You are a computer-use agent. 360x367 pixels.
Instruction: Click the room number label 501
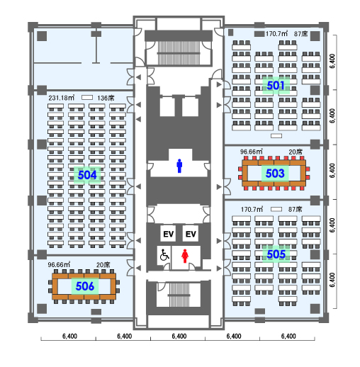276,85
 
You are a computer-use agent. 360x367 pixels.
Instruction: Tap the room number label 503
275,173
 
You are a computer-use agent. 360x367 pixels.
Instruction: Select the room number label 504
87,175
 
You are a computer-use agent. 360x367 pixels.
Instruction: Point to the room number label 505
276,254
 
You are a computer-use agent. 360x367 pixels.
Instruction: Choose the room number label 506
85,286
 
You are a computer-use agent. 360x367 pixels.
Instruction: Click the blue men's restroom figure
179,166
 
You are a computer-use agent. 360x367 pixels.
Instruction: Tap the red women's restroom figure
185,256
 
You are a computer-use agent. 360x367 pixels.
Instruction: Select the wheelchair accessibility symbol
164,255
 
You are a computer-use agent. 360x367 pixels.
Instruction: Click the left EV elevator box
168,234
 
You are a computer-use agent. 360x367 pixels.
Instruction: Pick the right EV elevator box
191,234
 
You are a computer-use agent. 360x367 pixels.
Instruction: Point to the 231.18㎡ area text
62,98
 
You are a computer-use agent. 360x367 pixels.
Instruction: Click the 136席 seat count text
106,98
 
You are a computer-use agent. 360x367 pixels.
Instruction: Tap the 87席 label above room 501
301,34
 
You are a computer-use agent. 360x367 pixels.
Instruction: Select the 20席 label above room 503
296,152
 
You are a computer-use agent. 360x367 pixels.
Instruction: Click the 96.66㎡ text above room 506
59,264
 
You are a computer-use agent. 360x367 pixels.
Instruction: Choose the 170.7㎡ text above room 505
252,209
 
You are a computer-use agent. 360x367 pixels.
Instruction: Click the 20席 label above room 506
103,265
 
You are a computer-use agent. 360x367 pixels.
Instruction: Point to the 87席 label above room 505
296,209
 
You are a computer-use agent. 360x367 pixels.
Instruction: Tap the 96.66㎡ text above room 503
252,152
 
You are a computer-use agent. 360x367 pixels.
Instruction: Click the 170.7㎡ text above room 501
276,33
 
